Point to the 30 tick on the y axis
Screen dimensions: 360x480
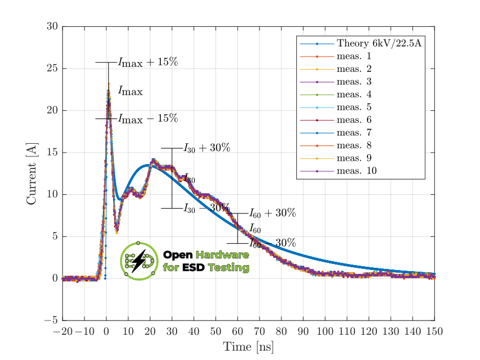click(x=52, y=26)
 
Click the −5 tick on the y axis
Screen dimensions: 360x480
click(x=50, y=320)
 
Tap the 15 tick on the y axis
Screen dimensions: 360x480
click(x=52, y=153)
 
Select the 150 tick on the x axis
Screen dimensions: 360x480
click(x=434, y=331)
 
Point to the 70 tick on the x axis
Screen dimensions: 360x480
click(x=259, y=331)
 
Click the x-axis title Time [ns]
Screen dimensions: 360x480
click(x=248, y=347)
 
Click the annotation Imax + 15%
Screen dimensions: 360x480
click(x=148, y=62)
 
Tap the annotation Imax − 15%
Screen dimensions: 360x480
click(x=148, y=119)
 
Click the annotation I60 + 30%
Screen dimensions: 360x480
click(x=273, y=213)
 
